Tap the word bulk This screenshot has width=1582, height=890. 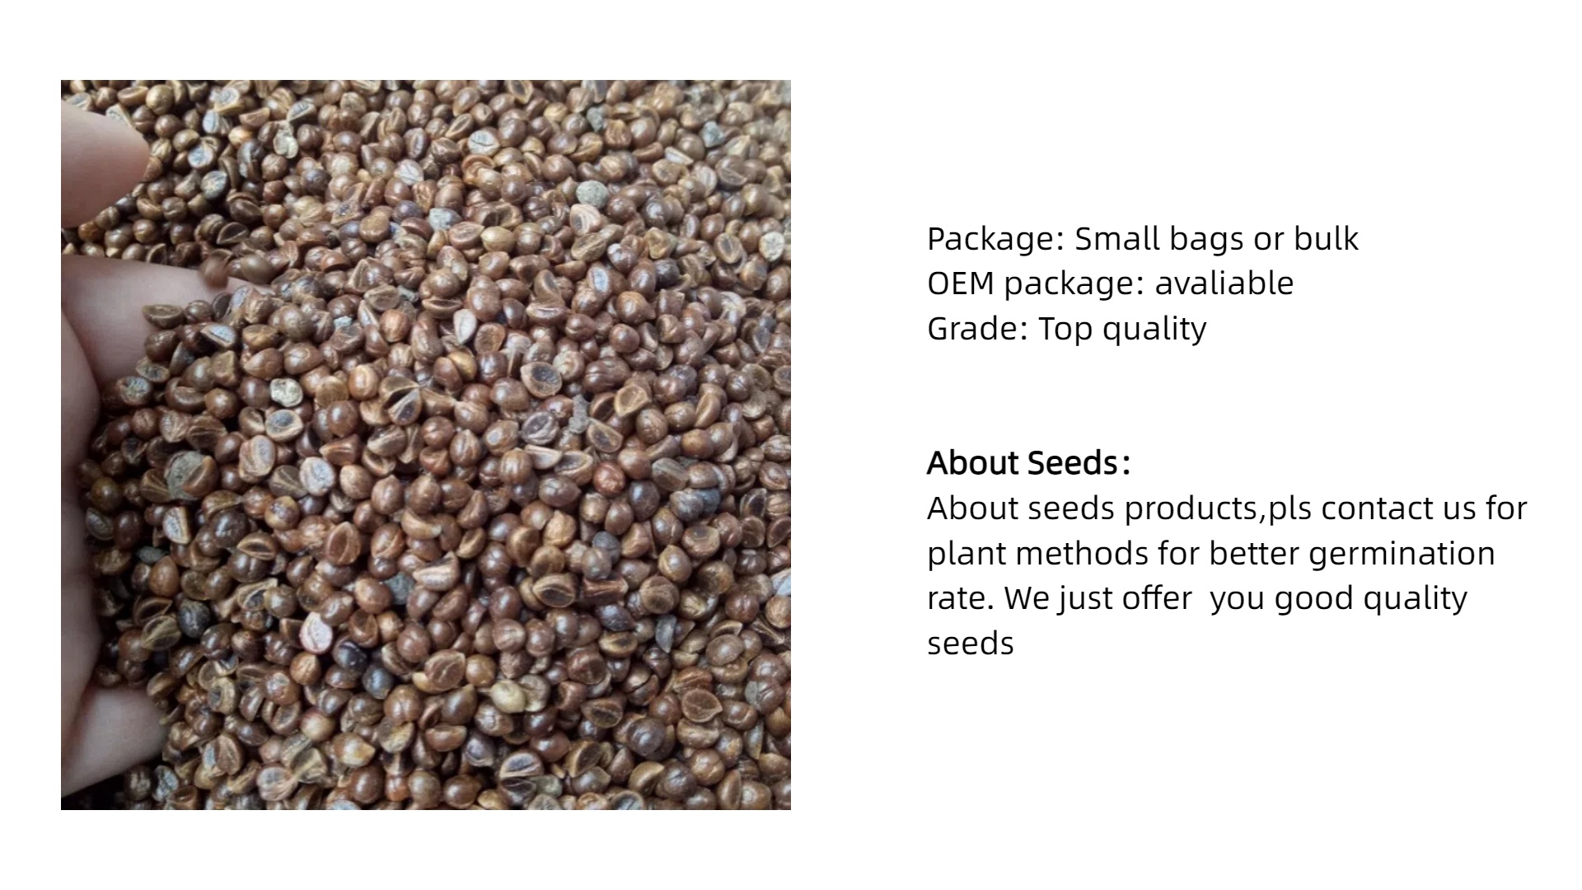tap(1326, 238)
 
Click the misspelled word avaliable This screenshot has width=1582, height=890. tap(1224, 283)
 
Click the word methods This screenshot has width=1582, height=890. tap(1081, 553)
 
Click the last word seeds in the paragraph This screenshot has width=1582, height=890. tap(971, 644)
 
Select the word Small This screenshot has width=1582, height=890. tap(1116, 238)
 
